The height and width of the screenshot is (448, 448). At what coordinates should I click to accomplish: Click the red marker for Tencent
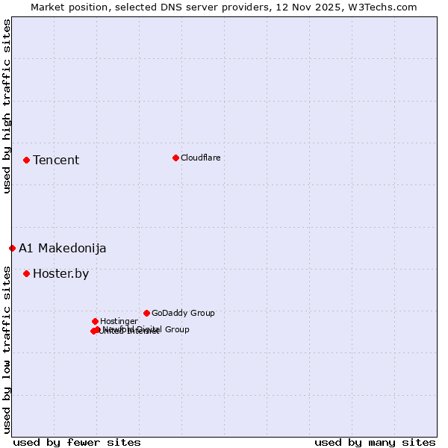pos(26,160)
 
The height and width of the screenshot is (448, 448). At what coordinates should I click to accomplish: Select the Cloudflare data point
pos(175,158)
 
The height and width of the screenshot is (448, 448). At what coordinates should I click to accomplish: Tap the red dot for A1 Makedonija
pos(12,248)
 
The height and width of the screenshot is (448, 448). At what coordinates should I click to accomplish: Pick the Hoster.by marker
pos(26,273)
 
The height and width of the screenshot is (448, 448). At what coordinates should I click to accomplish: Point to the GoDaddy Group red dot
pos(146,313)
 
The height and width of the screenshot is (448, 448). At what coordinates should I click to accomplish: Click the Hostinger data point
pos(95,321)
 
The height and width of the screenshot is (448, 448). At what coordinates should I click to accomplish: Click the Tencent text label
pos(56,160)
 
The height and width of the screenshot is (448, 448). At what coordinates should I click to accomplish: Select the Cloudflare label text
pos(200,158)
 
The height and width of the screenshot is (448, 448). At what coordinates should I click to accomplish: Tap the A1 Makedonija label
pos(63,248)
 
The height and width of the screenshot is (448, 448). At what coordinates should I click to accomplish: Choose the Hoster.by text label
pos(60,273)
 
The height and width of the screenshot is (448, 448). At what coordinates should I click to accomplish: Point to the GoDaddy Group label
pos(183,313)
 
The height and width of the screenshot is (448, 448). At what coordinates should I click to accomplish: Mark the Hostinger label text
pos(119,321)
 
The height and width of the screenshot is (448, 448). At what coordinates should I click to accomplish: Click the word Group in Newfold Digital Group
pos(176,329)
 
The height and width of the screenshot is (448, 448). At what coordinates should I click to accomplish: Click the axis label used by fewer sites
pos(77,442)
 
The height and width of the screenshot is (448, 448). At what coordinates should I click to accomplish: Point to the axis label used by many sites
pos(375,442)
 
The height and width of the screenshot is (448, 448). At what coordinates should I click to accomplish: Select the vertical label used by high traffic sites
pos(7,106)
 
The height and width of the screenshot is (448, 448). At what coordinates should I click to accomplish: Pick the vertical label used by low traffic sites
pos(7,349)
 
